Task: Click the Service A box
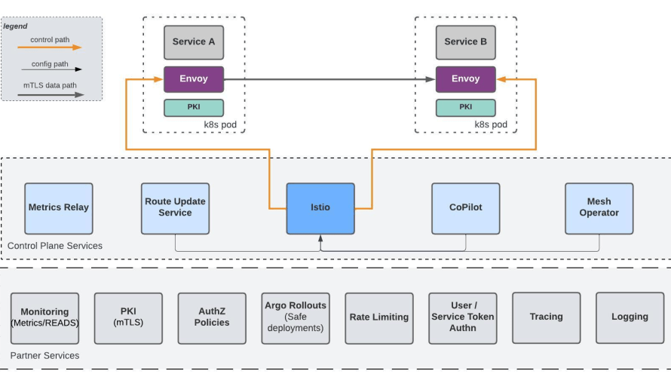[194, 42]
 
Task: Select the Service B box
[466, 42]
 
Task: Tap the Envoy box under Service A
[194, 79]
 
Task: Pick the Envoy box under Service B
[466, 79]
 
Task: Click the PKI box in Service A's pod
[194, 108]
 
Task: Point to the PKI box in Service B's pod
[466, 108]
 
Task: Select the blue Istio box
[320, 208]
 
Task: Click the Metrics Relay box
[59, 208]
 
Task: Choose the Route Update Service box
[175, 208]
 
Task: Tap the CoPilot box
[466, 208]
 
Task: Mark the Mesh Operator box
[599, 208]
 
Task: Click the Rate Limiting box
[379, 318]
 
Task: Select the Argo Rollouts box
[296, 318]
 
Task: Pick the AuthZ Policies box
[212, 318]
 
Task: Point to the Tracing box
[547, 318]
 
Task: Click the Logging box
[630, 318]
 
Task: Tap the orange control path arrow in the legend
[50, 47]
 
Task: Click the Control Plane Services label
[55, 246]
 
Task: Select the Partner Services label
[45, 356]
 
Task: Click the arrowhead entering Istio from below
[320, 238]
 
